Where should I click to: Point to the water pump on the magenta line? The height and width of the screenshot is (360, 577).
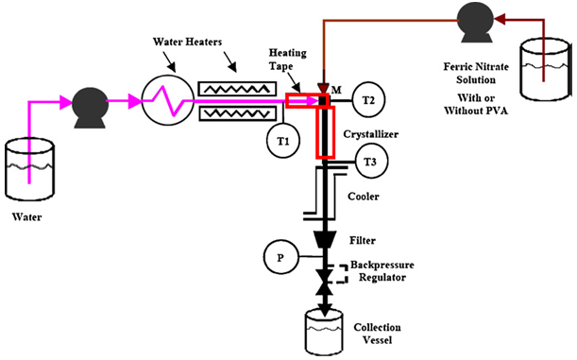tap(90, 107)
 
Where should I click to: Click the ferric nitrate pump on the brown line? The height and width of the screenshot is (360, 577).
tap(475, 23)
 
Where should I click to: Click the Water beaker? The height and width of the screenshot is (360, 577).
tap(30, 169)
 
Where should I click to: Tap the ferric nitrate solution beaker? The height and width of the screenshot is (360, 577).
tap(545, 69)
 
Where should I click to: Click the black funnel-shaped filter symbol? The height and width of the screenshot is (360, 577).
tap(325, 239)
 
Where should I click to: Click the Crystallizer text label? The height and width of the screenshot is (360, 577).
tap(371, 134)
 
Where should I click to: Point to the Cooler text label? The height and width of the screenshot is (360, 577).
tap(364, 197)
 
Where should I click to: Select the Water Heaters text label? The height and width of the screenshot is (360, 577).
tap(187, 42)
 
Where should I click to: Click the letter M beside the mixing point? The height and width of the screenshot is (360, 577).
tap(336, 90)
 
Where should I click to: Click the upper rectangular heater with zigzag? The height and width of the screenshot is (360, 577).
tap(237, 89)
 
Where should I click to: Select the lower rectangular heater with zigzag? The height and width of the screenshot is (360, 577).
tap(237, 113)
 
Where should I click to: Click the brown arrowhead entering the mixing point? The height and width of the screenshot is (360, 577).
tap(324, 88)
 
